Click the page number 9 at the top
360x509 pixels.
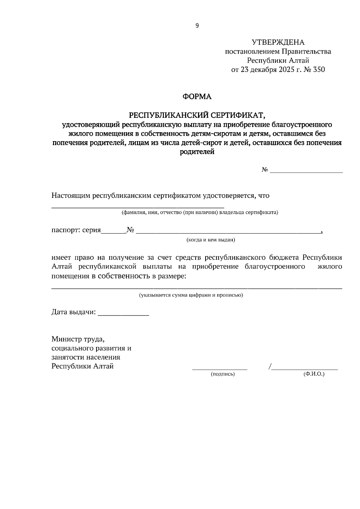[197, 26]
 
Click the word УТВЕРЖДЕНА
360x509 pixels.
[278, 42]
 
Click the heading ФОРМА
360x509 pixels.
[197, 97]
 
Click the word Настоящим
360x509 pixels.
[71, 196]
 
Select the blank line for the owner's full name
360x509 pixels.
[138, 207]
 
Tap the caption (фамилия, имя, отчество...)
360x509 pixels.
[199, 213]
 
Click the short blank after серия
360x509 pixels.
[113, 232]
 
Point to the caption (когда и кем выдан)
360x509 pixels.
[211, 240]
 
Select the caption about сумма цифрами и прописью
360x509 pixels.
[191, 295]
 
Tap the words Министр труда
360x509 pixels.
[78, 339]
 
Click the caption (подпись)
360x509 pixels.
[223, 374]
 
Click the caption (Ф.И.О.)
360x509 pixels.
[314, 374]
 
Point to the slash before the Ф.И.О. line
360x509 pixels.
[270, 366]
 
